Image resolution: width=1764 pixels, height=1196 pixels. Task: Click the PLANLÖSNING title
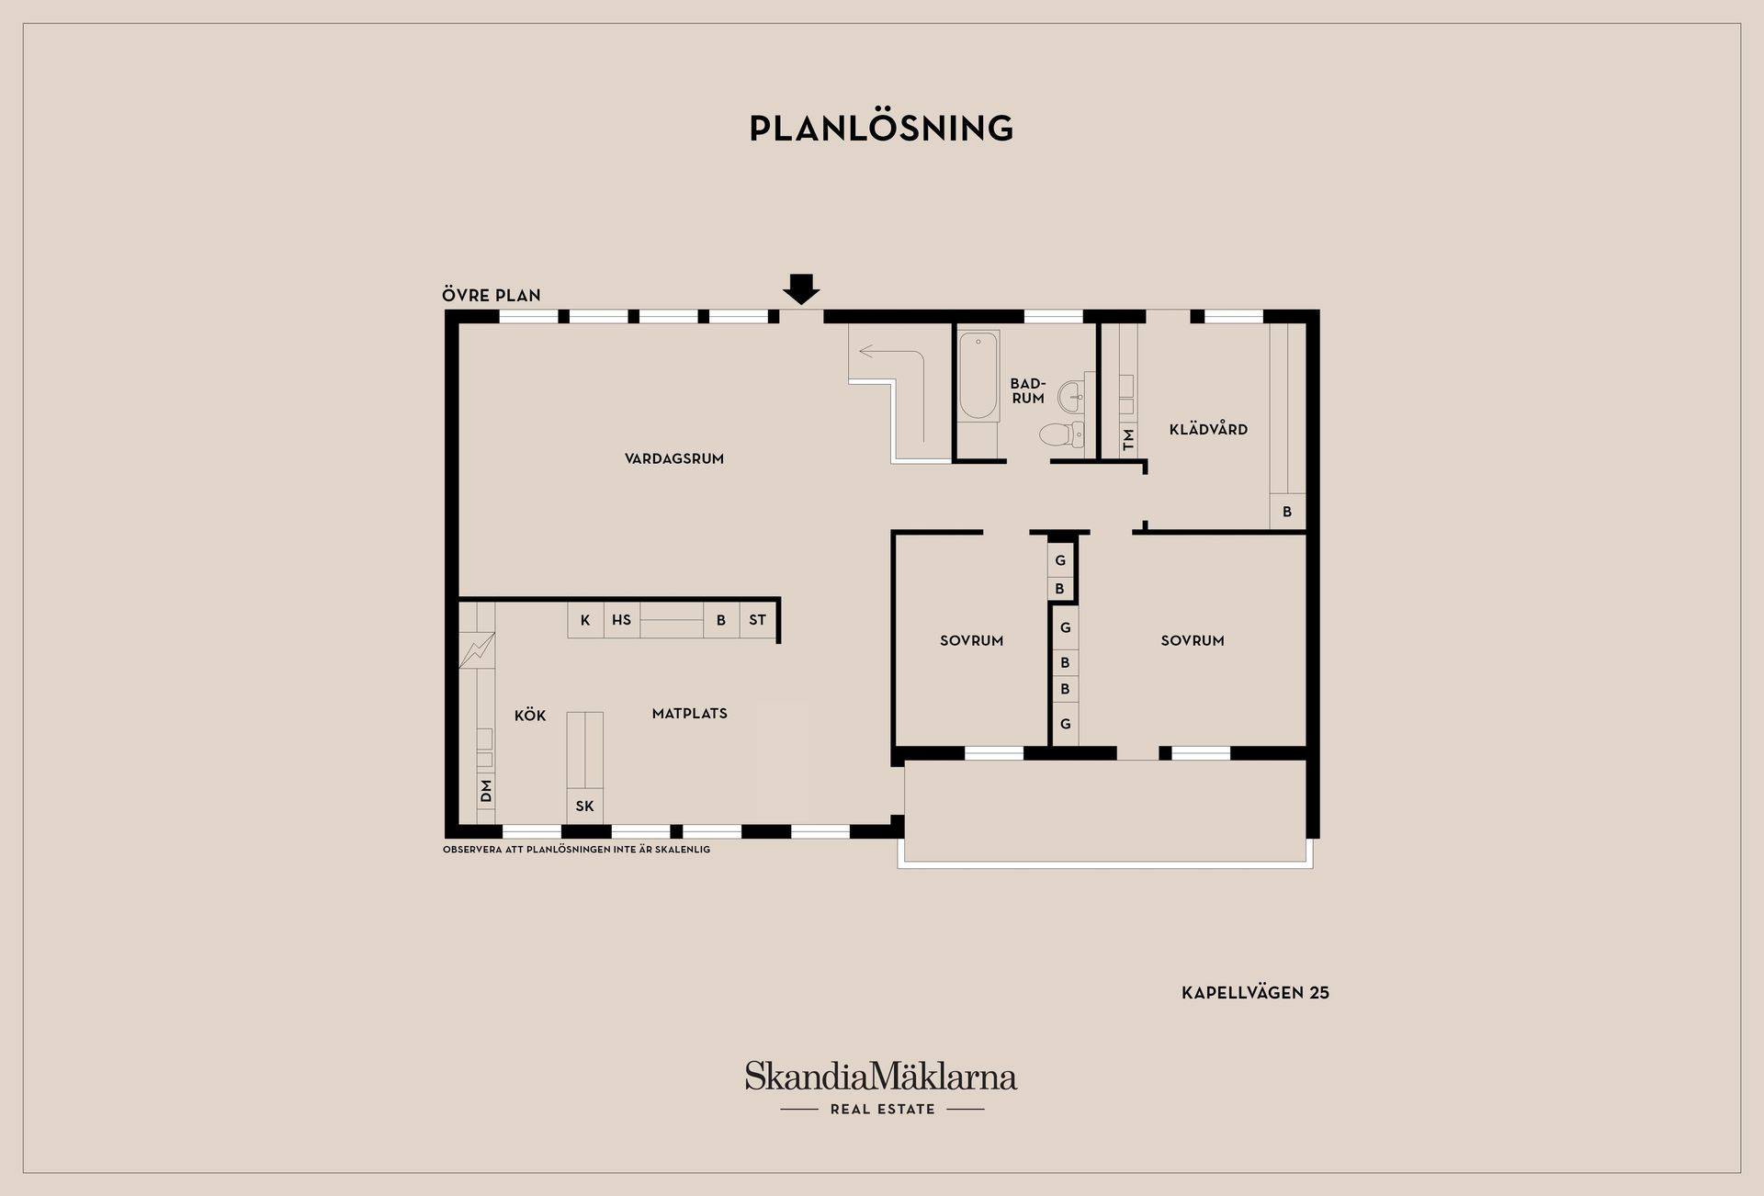pos(881,129)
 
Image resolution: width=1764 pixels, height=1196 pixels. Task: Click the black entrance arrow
pos(801,289)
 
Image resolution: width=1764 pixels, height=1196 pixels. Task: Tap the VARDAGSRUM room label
pos(674,459)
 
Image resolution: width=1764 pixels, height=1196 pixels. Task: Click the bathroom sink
pos(1072,398)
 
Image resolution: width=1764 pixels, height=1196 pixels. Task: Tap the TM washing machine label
pos(1129,439)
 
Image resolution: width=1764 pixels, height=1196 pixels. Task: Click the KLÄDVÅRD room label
pos(1208,429)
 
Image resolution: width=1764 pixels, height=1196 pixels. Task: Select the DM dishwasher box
pos(486,790)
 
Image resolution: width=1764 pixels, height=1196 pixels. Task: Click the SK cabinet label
pos(585,807)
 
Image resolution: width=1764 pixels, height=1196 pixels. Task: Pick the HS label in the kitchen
pos(622,620)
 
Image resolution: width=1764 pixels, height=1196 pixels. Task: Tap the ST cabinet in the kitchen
pos(758,620)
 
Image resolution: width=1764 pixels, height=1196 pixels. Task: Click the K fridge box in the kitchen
pos(585,620)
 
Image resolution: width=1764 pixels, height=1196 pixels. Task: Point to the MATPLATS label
pos(690,714)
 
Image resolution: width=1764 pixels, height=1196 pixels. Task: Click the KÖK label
pos(530,716)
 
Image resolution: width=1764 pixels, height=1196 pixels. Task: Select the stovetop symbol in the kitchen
pos(477,649)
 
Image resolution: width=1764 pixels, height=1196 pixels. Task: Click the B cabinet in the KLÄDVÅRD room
pos(1287,512)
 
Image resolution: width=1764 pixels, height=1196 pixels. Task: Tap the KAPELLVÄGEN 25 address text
pos(1255,993)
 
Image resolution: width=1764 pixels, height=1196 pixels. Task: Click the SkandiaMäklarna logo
pos(881,1088)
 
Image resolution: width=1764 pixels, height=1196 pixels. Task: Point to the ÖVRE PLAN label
pos(492,296)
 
